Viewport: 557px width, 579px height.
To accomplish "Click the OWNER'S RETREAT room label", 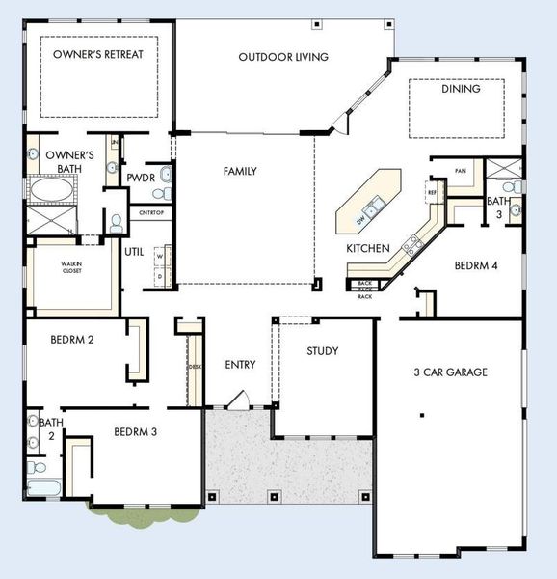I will click(x=97, y=54).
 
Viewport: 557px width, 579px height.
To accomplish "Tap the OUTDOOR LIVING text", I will click(x=283, y=57).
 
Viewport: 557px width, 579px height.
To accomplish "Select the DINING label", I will click(x=460, y=89).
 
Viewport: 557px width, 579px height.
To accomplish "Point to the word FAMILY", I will click(x=240, y=171).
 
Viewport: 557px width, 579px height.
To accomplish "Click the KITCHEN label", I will click(x=368, y=248).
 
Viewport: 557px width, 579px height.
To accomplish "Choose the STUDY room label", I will click(x=322, y=351).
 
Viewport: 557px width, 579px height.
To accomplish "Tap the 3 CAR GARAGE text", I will click(x=449, y=372).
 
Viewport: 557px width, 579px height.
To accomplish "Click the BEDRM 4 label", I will click(x=475, y=265).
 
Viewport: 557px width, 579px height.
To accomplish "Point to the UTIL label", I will click(x=134, y=252).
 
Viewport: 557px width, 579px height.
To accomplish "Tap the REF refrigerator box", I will click(x=431, y=192).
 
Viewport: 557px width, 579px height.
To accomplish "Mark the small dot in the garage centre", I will click(x=422, y=415).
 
